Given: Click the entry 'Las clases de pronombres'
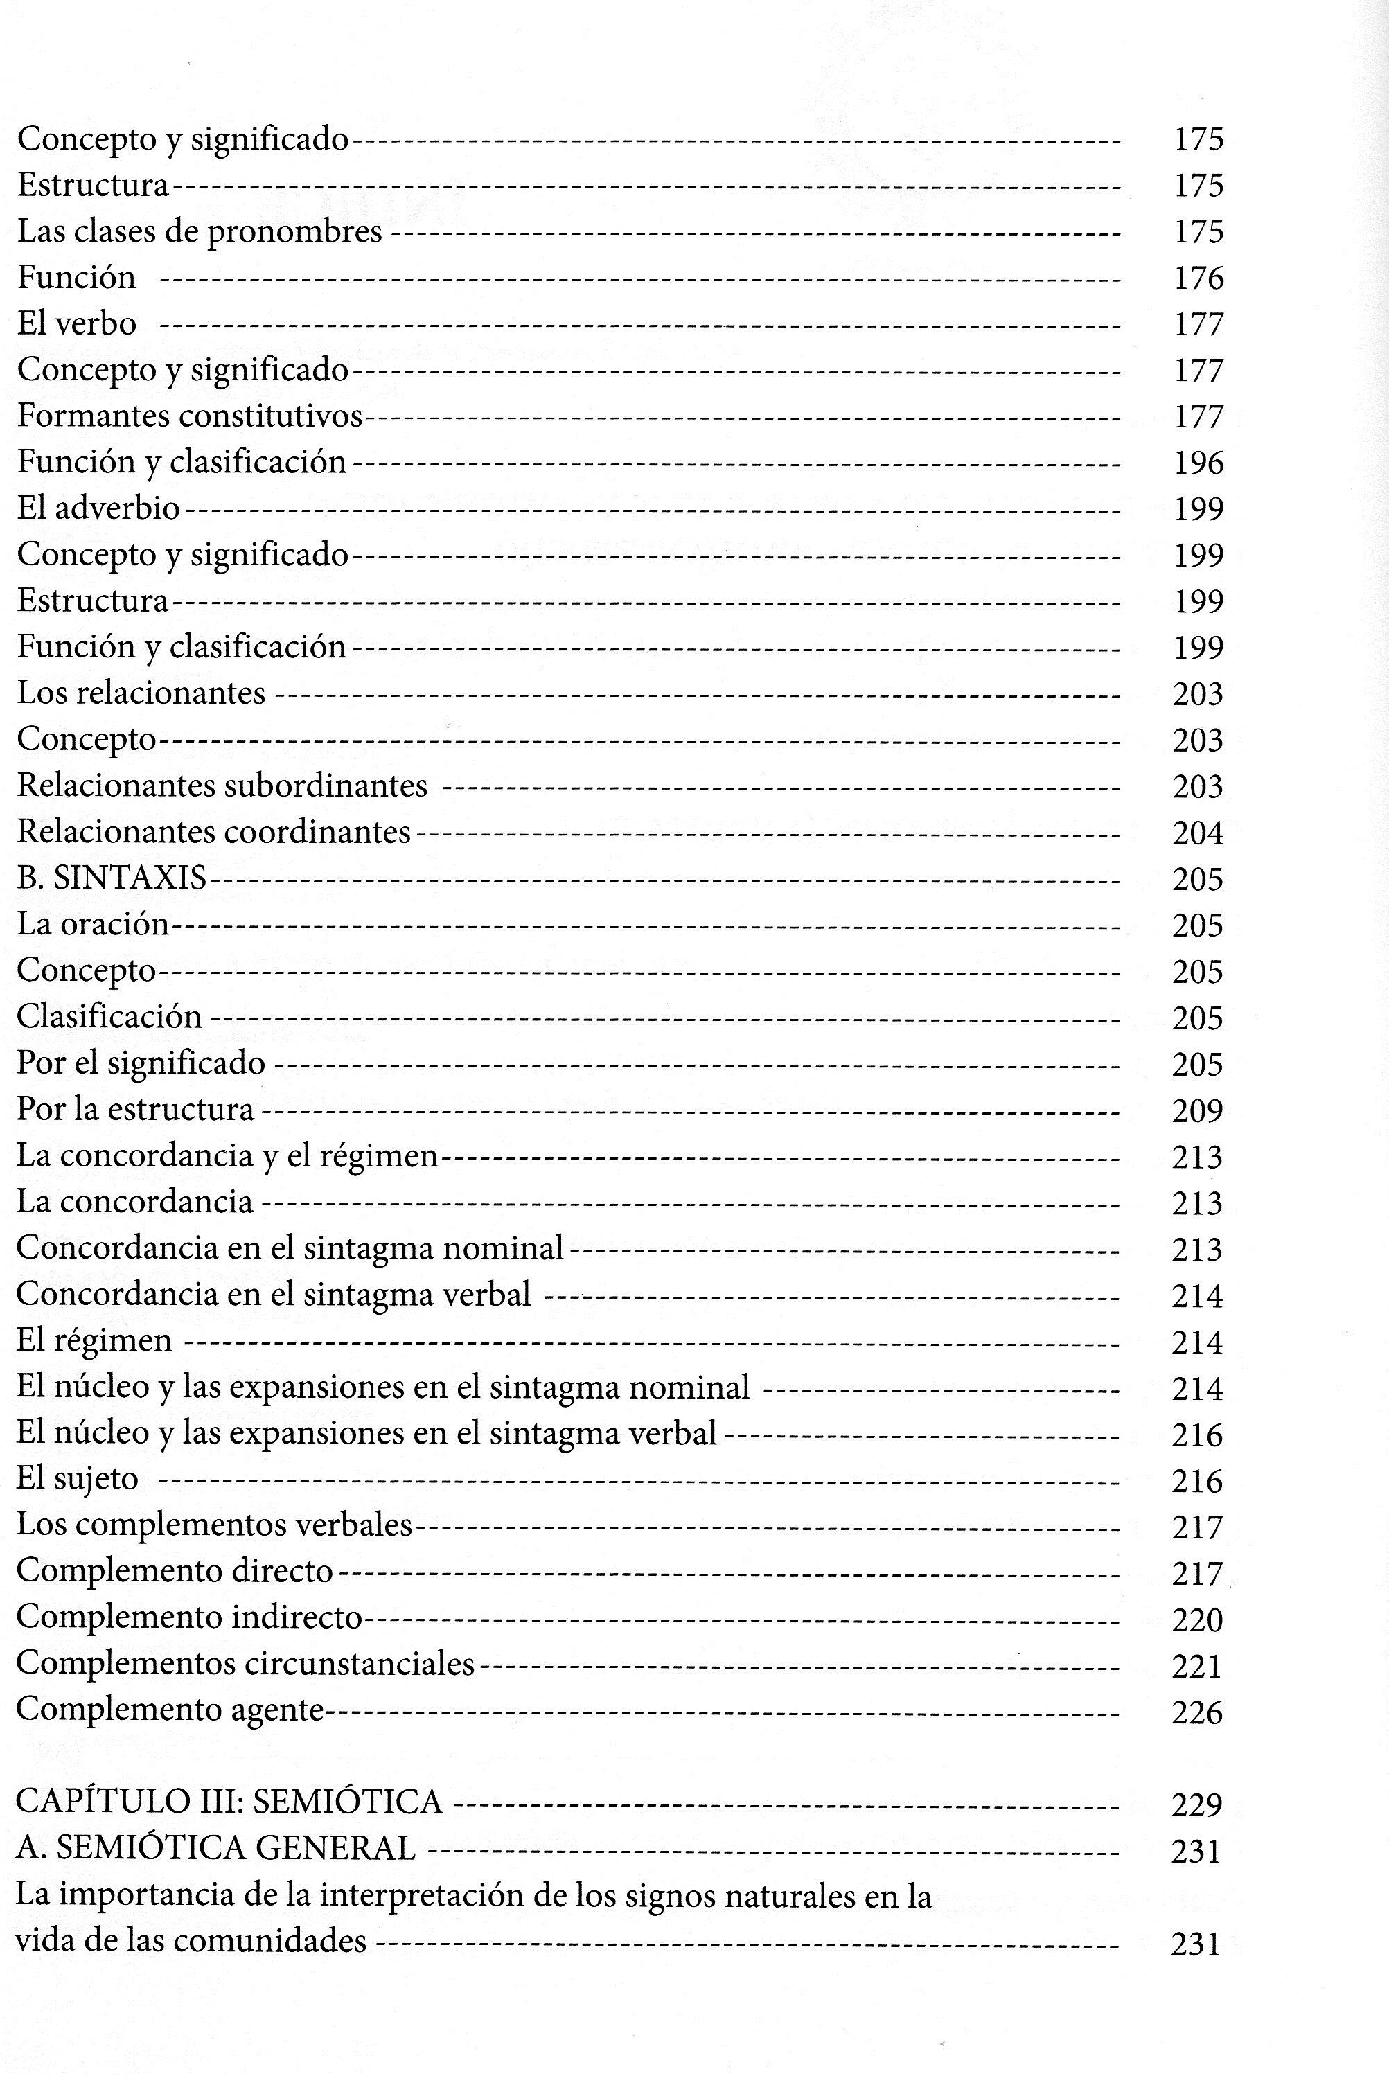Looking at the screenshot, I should click(200, 231).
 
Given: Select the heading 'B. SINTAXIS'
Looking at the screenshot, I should click(112, 878).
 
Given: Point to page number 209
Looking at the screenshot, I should click(1197, 1110).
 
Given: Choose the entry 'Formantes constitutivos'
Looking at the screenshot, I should click(190, 416).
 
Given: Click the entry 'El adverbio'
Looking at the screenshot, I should click(98, 508).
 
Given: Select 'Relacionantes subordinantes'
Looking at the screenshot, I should click(222, 786).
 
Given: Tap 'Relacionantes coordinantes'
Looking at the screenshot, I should click(213, 832).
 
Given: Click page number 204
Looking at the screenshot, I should click(1198, 833).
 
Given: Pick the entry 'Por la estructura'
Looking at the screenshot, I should click(136, 1109).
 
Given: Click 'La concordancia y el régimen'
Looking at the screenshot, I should click(228, 1156).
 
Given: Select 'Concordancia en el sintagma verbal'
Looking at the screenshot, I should click(274, 1295).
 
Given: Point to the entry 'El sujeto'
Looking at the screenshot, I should click(78, 1479).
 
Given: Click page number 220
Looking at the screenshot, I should click(1197, 1620).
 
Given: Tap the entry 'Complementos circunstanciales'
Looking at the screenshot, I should click(245, 1663).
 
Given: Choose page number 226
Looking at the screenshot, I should click(1197, 1712).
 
